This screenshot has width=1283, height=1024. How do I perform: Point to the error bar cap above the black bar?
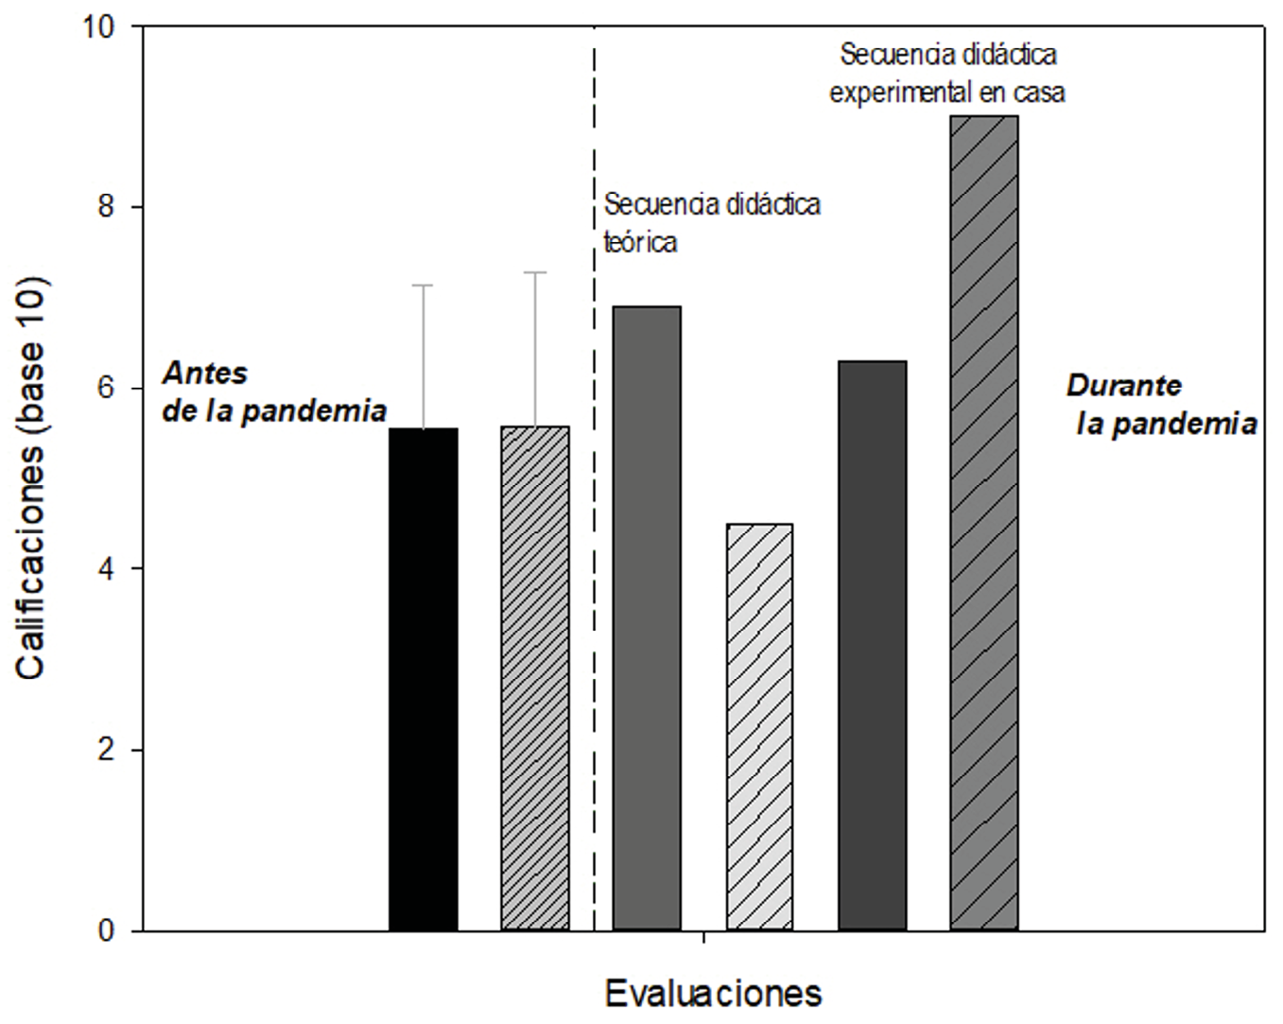pos(424,285)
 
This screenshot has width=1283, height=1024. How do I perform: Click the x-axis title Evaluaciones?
pos(713,993)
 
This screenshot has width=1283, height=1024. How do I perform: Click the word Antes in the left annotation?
pos(205,373)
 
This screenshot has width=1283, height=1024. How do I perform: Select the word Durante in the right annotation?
pos(1123,386)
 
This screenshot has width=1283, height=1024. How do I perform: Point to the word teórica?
pos(641,243)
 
